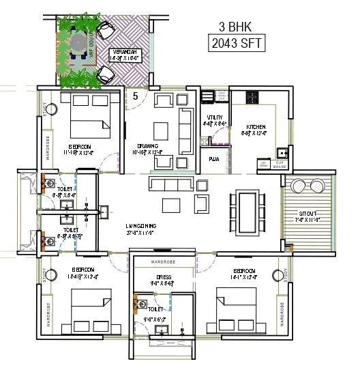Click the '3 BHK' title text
[235, 28]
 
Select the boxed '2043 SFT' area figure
[235, 44]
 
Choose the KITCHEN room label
[256, 128]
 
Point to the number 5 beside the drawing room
[135, 96]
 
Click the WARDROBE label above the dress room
[162, 261]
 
